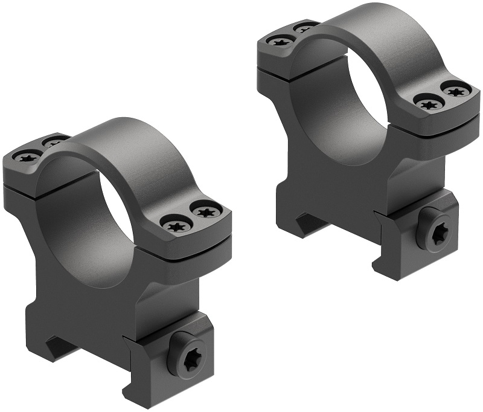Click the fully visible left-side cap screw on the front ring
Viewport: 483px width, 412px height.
pos(28,157)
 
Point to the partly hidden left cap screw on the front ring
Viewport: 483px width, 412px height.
pos(54,141)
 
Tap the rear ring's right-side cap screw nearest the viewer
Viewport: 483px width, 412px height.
pos(428,103)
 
